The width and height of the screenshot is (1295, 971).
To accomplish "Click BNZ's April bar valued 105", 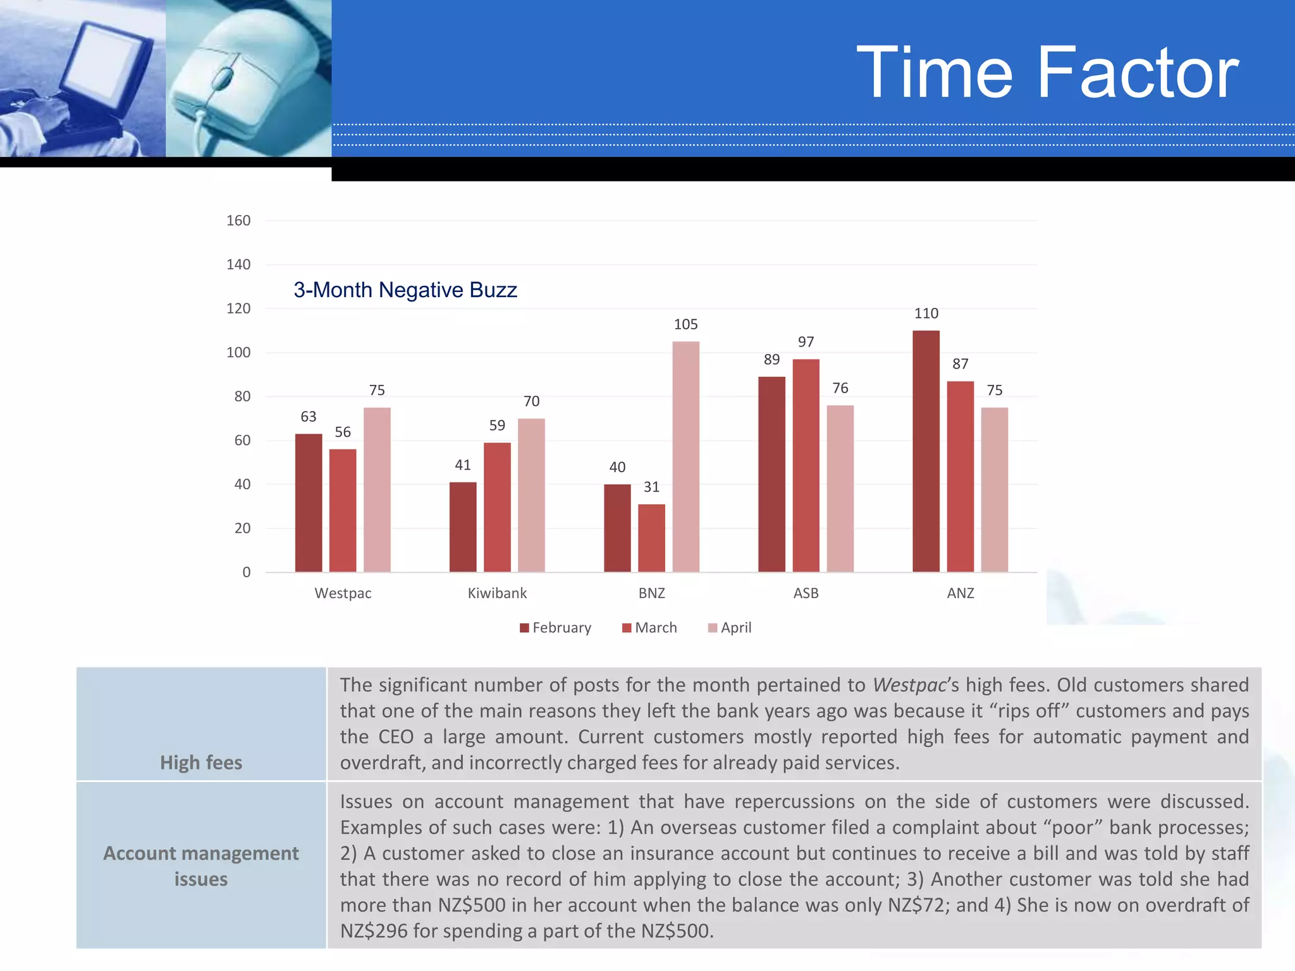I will (685, 456).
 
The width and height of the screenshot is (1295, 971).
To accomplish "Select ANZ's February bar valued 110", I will (926, 451).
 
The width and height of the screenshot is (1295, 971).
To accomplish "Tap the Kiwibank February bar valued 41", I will (463, 527).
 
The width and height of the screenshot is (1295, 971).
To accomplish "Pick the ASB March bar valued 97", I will (806, 465).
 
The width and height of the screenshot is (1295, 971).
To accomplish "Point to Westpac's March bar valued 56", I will (343, 511).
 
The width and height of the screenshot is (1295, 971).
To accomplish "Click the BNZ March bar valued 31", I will (651, 538).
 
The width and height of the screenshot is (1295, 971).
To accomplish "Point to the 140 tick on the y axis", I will (238, 264).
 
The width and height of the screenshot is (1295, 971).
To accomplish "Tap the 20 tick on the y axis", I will (242, 528).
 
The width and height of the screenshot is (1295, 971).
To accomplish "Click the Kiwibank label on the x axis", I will (497, 593).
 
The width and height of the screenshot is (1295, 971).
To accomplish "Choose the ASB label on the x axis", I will (806, 593).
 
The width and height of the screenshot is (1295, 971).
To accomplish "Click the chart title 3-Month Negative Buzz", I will (405, 290).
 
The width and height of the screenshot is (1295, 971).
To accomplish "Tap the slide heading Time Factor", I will (1046, 73).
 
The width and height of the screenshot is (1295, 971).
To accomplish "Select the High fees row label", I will (201, 762).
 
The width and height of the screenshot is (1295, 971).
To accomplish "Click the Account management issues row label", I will (201, 865).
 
